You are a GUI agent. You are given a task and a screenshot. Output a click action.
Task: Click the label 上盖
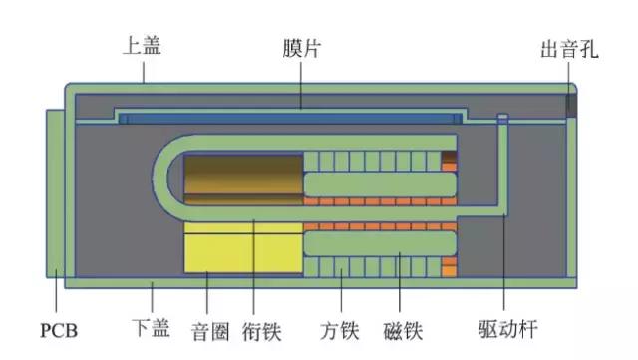click(141, 45)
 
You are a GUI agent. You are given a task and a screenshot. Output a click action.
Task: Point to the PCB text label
click(59, 328)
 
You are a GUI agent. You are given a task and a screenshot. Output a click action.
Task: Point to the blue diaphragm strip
click(289, 118)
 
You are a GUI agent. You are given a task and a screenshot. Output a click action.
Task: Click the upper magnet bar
click(379, 183)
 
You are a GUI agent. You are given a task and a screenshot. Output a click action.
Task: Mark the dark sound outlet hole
click(572, 105)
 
